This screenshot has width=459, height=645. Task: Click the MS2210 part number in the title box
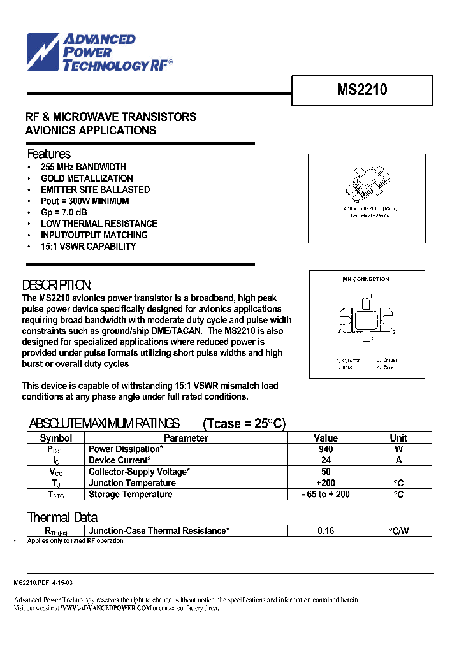pyautogui.click(x=361, y=91)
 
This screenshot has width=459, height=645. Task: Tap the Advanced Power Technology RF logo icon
pyautogui.click(x=43, y=52)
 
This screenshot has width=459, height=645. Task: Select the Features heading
pyautogui.click(x=48, y=154)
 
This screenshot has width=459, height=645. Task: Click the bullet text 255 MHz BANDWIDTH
pyautogui.click(x=83, y=167)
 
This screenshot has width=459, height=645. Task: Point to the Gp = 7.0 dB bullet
pyautogui.click(x=64, y=212)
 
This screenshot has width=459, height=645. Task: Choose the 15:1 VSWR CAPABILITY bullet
pyautogui.click(x=88, y=246)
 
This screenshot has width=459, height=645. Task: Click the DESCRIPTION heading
pyautogui.click(x=57, y=285)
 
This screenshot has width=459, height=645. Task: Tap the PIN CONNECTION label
pyautogui.click(x=365, y=279)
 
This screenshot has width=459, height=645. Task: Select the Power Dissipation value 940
pyautogui.click(x=325, y=449)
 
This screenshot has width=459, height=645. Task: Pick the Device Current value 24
pyautogui.click(x=325, y=460)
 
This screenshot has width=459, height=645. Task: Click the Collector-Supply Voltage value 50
pyautogui.click(x=325, y=472)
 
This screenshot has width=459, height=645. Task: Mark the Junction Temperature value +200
pyautogui.click(x=325, y=483)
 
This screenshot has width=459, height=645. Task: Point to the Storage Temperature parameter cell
pyautogui.click(x=130, y=495)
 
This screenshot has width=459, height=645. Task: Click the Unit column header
pyautogui.click(x=398, y=438)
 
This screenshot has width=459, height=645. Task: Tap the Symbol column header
pyautogui.click(x=56, y=438)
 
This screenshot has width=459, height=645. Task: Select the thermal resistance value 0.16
pyautogui.click(x=325, y=531)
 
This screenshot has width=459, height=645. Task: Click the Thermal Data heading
pyautogui.click(x=62, y=517)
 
